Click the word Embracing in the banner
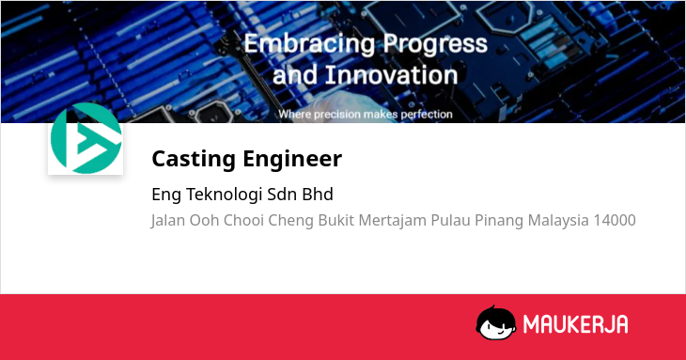pyautogui.click(x=309, y=44)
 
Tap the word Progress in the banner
pyautogui.click(x=435, y=44)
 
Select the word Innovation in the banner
pyautogui.click(x=392, y=75)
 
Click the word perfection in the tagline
pyautogui.click(x=427, y=115)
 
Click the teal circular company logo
pyautogui.click(x=86, y=138)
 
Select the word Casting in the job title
pyautogui.click(x=194, y=159)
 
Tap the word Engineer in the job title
pyautogui.click(x=292, y=159)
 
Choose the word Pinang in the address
pyautogui.click(x=499, y=220)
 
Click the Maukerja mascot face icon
pyautogui.click(x=496, y=322)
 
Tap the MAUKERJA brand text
pyautogui.click(x=576, y=324)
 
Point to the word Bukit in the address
pyautogui.click(x=336, y=220)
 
